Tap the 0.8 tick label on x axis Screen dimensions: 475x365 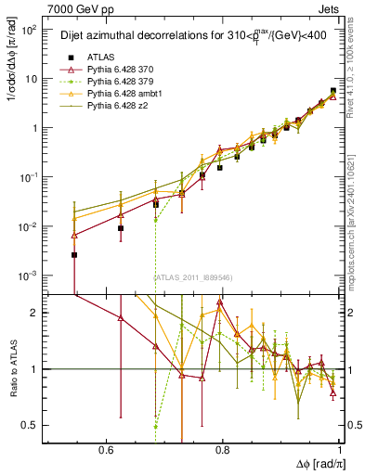(x=223, y=449)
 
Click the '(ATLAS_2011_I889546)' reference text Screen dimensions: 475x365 (x=194, y=277)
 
